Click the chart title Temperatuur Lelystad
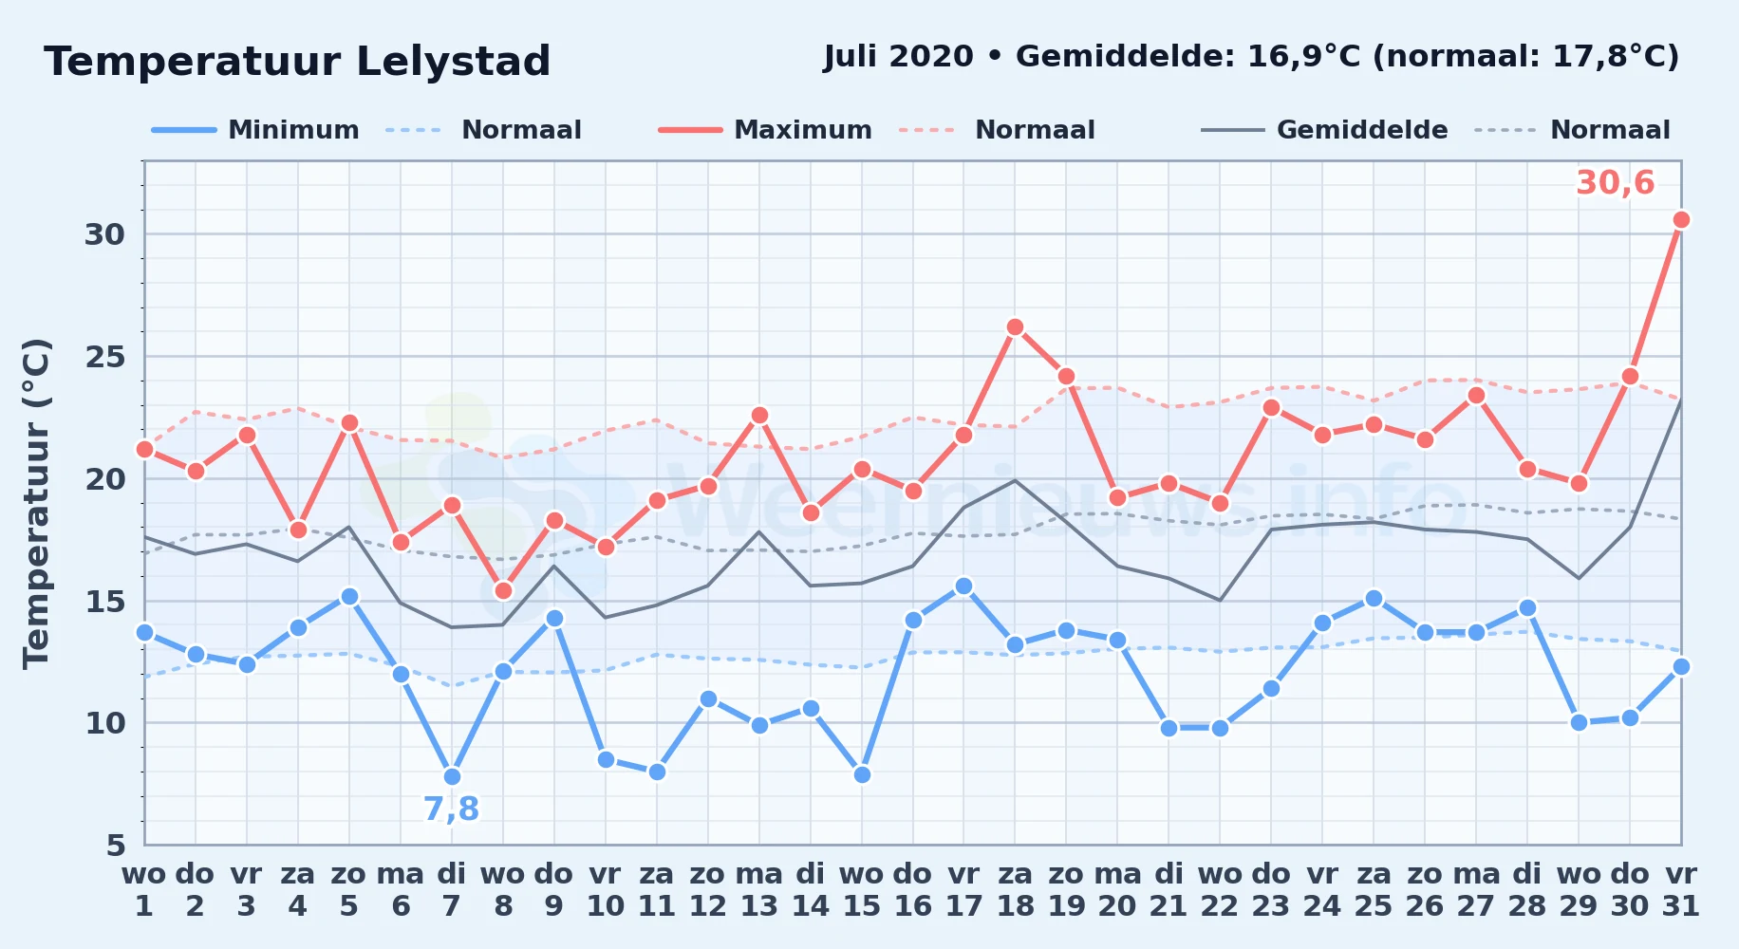point(297,62)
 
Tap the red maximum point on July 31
point(1681,220)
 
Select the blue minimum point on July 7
point(452,776)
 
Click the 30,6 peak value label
point(1616,182)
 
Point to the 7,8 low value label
point(451,809)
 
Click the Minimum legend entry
point(256,130)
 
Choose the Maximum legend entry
point(765,130)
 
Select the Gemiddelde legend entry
point(1325,130)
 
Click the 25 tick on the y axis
point(105,357)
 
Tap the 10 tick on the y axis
point(105,723)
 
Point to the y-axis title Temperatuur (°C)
point(36,503)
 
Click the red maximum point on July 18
point(1015,327)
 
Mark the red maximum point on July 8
point(503,590)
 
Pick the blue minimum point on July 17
point(963,586)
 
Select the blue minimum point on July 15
point(862,774)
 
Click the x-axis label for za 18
point(1015,890)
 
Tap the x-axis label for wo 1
point(144,890)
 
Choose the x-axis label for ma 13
point(759,890)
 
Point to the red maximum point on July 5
point(349,423)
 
